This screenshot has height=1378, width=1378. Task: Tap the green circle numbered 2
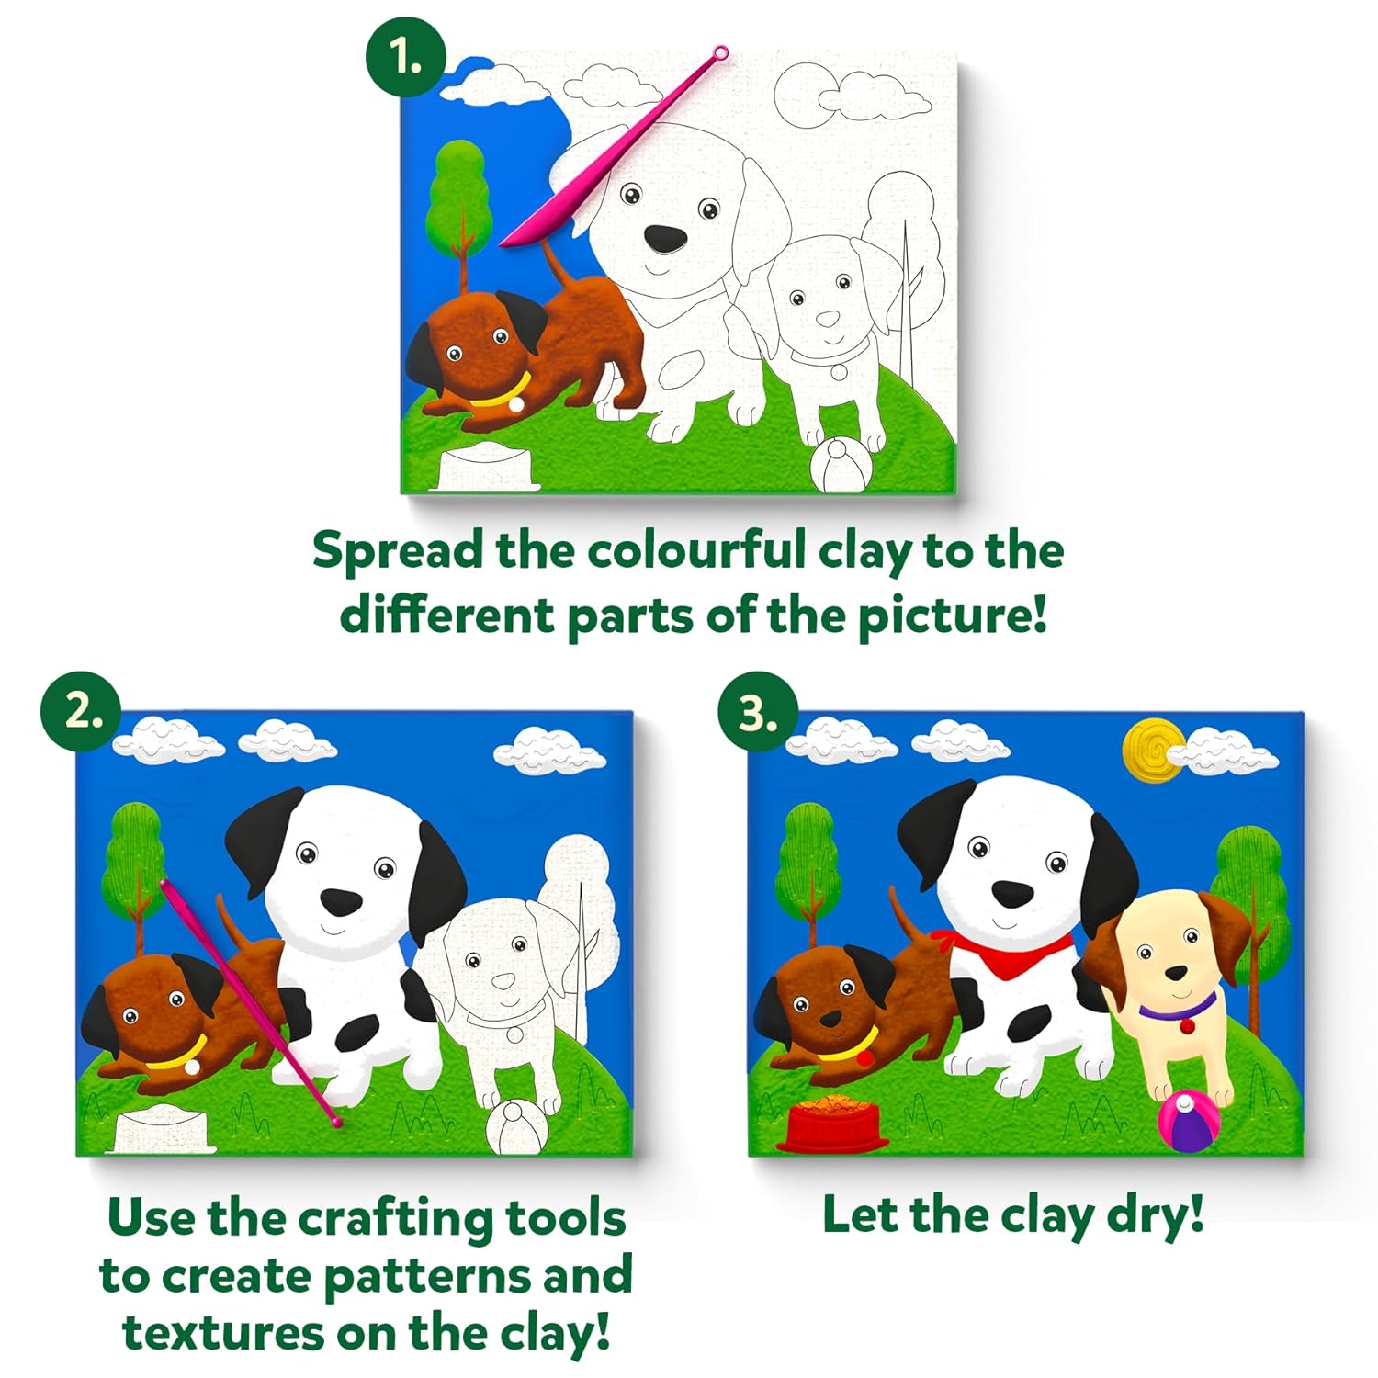click(x=81, y=712)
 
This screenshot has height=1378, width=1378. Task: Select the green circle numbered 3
click(x=756, y=712)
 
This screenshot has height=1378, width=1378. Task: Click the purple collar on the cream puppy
click(x=1177, y=1011)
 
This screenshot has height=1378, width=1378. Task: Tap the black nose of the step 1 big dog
click(x=665, y=239)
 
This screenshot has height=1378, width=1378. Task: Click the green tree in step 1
click(x=459, y=198)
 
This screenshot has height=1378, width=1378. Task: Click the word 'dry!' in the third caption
click(x=1155, y=1215)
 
